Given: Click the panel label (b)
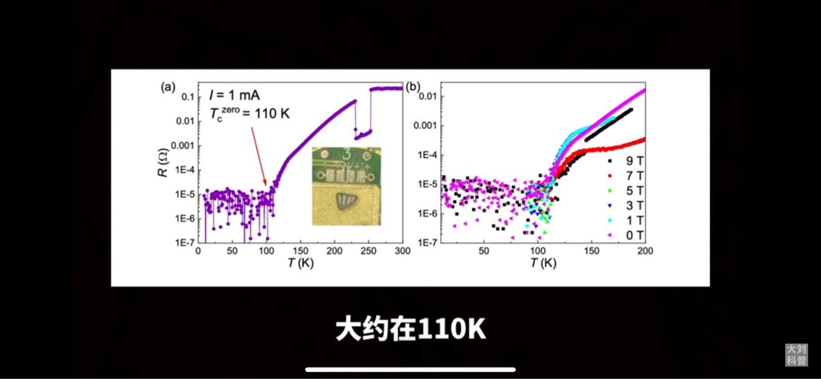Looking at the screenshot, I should pos(414,87).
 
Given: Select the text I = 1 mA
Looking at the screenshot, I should pos(234,95).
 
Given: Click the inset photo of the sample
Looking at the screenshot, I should pos(346,186).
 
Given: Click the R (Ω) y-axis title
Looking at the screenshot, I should pos(165,163).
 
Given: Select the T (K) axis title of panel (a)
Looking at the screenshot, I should pos(300,263).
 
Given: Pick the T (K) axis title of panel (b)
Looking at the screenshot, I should pos(543,263).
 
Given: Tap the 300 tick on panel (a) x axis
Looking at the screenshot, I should pos(402,251).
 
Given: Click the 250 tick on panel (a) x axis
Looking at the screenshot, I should pos(368,251).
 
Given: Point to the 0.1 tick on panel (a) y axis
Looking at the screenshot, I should pos(187,97).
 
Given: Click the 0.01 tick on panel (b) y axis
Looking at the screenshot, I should pos(428,96).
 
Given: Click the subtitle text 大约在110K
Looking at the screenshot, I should pos(410,330).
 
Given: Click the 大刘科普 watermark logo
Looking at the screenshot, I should pos(797,355).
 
